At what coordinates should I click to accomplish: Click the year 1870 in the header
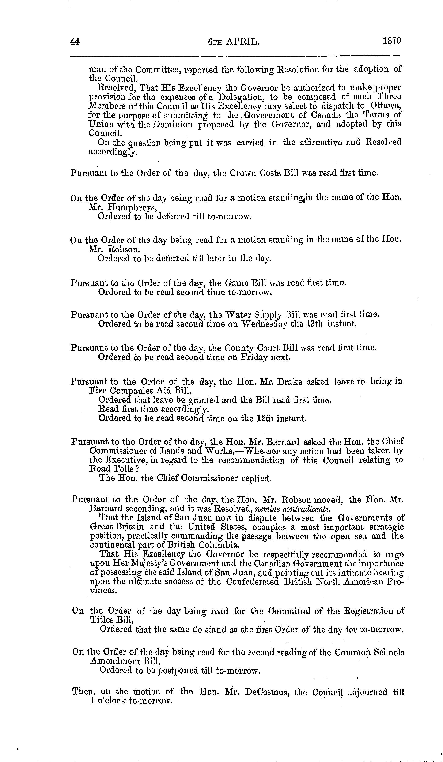click(x=392, y=41)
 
